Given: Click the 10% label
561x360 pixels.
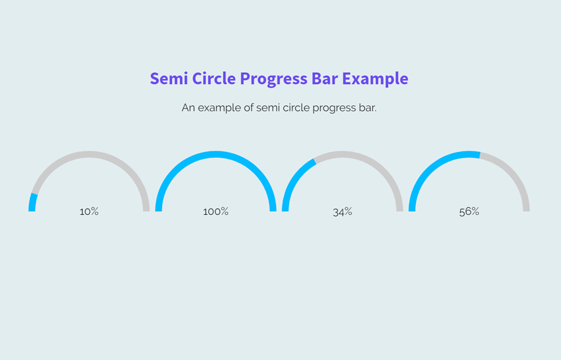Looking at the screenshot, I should (x=89, y=212).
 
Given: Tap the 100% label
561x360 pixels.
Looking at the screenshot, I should (x=216, y=212).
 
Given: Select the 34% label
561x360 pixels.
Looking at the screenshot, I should (x=342, y=212).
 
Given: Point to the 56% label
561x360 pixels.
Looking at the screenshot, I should (x=469, y=212).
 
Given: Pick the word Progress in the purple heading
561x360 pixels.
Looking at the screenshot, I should (x=272, y=79).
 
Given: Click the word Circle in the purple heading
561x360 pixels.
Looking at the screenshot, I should (x=214, y=79).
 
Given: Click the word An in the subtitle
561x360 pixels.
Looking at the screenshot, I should (x=188, y=108).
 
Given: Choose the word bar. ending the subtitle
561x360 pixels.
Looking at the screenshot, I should (x=367, y=108).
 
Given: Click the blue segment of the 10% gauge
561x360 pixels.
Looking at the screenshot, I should (x=32, y=202).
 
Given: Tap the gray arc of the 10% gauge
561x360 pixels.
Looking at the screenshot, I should (x=89, y=154).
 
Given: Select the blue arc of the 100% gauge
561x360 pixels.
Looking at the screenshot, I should (x=216, y=154).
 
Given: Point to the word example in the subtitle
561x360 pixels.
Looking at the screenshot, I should (x=218, y=108).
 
